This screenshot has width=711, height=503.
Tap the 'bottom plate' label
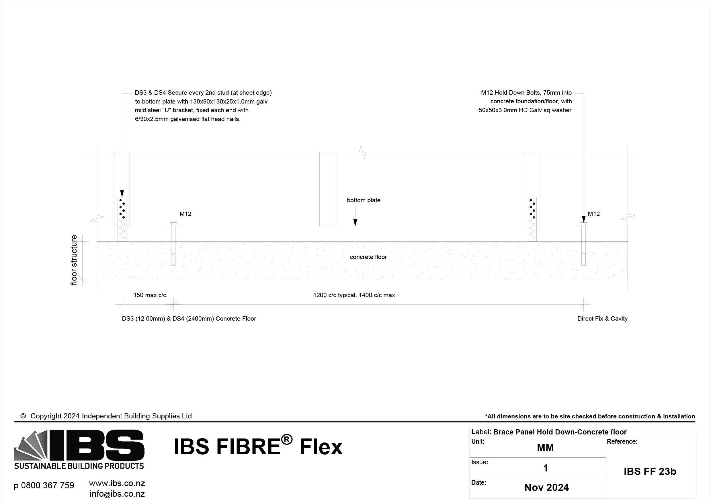tap(364, 200)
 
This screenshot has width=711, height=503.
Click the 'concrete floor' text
tap(368, 257)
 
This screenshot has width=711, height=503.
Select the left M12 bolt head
tap(173, 224)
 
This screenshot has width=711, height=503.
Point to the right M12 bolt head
tap(583, 224)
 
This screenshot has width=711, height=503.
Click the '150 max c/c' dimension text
tap(150, 295)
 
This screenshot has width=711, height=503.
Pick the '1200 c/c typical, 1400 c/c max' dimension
tap(354, 295)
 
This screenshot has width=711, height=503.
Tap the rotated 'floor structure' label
tap(74, 260)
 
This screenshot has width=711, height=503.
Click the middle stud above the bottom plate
tap(327, 189)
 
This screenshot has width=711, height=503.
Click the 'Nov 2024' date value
tap(546, 488)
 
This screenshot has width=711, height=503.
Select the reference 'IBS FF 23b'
tap(650, 471)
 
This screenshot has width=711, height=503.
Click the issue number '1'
tap(546, 468)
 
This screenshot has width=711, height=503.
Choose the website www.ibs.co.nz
tap(117, 483)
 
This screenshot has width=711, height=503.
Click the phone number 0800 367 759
tap(44, 485)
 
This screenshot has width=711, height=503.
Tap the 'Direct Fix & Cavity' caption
tap(602, 319)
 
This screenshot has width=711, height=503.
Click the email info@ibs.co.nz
tap(117, 494)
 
